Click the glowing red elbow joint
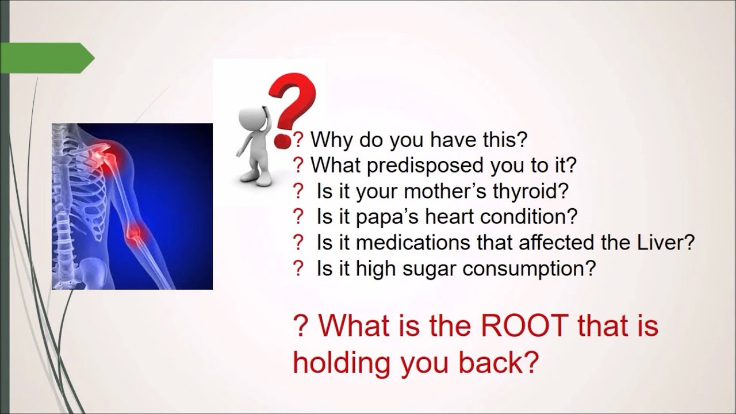tap(134, 231)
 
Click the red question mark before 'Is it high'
tap(298, 269)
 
